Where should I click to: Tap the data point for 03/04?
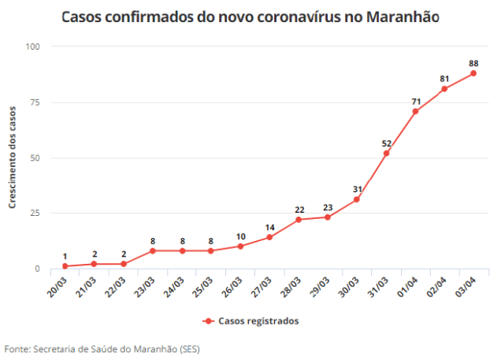(x=473, y=73)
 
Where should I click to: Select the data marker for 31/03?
(x=386, y=153)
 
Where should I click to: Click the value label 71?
(x=415, y=102)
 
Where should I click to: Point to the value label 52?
(x=386, y=143)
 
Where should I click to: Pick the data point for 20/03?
(x=65, y=266)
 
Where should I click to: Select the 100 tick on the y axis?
(x=33, y=46)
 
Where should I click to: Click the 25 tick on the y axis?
(x=35, y=213)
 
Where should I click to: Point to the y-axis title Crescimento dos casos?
(x=12, y=158)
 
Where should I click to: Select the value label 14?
(x=269, y=227)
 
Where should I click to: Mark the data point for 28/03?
(x=299, y=220)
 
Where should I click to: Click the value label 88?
(x=473, y=63)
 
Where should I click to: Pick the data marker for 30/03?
(x=357, y=199)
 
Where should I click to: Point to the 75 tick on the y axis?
(x=35, y=102)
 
